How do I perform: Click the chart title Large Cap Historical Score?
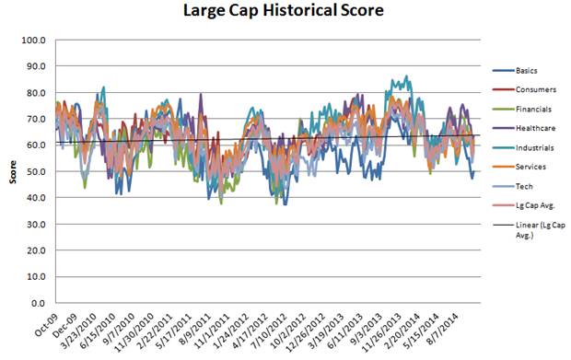click(283, 10)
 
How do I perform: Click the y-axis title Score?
click(13, 172)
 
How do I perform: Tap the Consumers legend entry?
click(524, 89)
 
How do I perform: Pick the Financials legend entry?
click(522, 110)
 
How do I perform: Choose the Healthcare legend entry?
click(524, 128)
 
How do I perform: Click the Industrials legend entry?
click(523, 148)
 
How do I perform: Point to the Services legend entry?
click(519, 167)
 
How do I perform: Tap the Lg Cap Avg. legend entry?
click(524, 205)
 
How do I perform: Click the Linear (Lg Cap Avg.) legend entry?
click(530, 230)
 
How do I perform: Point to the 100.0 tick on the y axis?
click(33, 40)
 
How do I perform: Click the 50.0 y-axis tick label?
click(36, 171)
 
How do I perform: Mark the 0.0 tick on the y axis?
click(38, 303)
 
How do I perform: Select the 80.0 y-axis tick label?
click(36, 92)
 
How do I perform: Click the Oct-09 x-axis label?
click(46, 326)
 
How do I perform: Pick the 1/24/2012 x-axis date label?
click(232, 329)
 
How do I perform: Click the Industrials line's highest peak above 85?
click(406, 76)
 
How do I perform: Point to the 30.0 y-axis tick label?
click(36, 224)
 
